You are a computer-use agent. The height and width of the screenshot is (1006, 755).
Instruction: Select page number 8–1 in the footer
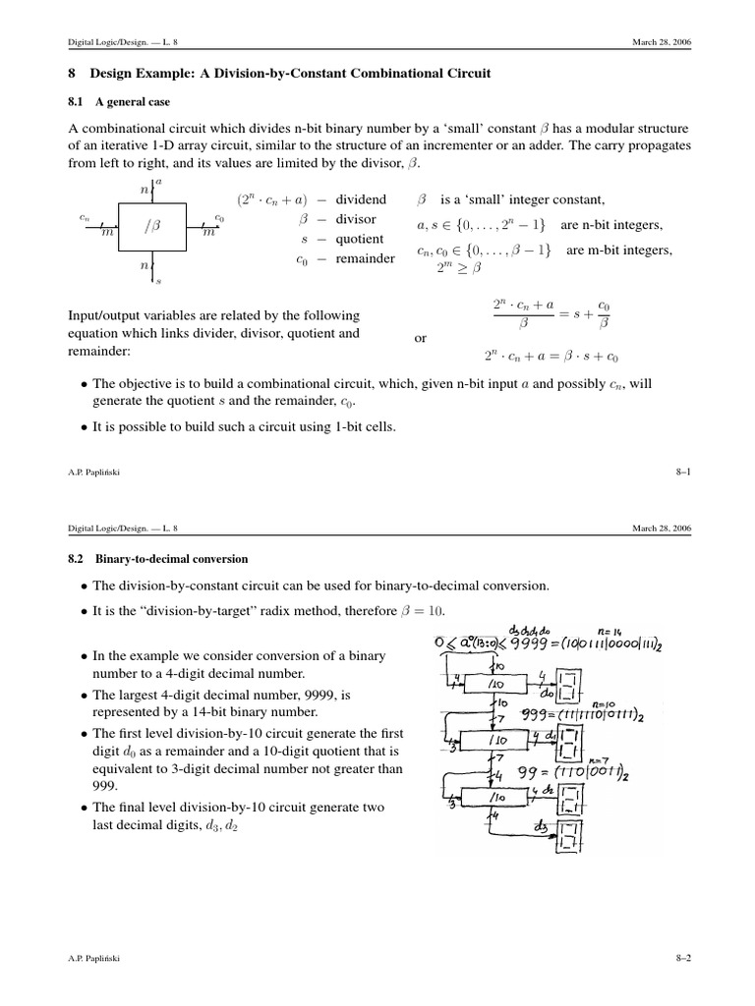[x=684, y=472]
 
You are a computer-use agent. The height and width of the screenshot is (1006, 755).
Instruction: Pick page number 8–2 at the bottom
[x=684, y=957]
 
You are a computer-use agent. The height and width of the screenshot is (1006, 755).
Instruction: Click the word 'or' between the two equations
[x=421, y=338]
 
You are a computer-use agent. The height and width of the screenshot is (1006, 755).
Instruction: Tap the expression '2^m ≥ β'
[x=453, y=266]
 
